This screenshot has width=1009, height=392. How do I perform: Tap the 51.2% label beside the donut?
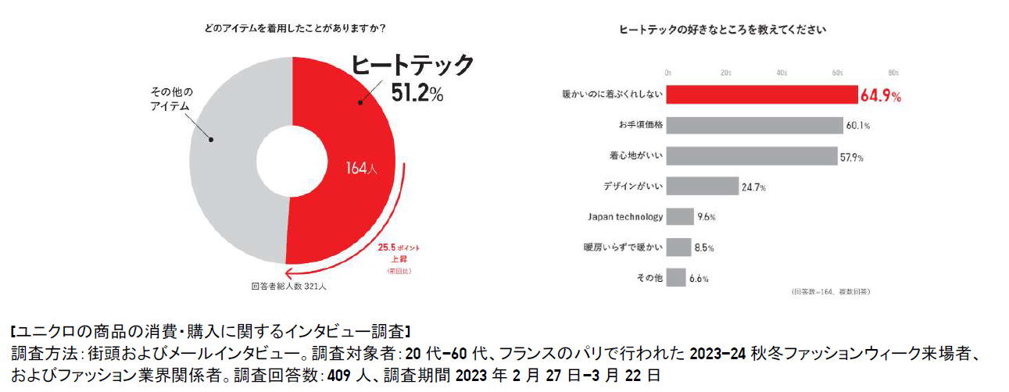(417, 93)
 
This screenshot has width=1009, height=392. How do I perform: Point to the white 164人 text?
(362, 168)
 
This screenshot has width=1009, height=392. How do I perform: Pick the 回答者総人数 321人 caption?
(289, 287)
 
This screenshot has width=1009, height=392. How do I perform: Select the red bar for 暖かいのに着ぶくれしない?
(761, 94)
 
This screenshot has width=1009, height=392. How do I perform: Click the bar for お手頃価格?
(754, 125)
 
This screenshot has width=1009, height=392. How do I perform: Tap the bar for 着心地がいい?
(751, 155)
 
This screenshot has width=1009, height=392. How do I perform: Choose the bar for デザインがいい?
(702, 186)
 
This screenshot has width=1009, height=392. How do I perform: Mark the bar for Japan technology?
(680, 216)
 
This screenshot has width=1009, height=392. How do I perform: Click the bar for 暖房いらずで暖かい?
(678, 247)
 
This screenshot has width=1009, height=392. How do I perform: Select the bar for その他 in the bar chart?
(676, 277)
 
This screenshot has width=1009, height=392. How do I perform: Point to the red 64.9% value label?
(881, 96)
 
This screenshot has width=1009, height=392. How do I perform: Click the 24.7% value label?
(753, 187)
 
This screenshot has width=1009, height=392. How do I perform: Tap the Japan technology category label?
(624, 216)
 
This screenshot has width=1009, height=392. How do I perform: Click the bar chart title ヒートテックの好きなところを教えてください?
(723, 30)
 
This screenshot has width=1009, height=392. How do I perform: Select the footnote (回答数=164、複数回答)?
(831, 291)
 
